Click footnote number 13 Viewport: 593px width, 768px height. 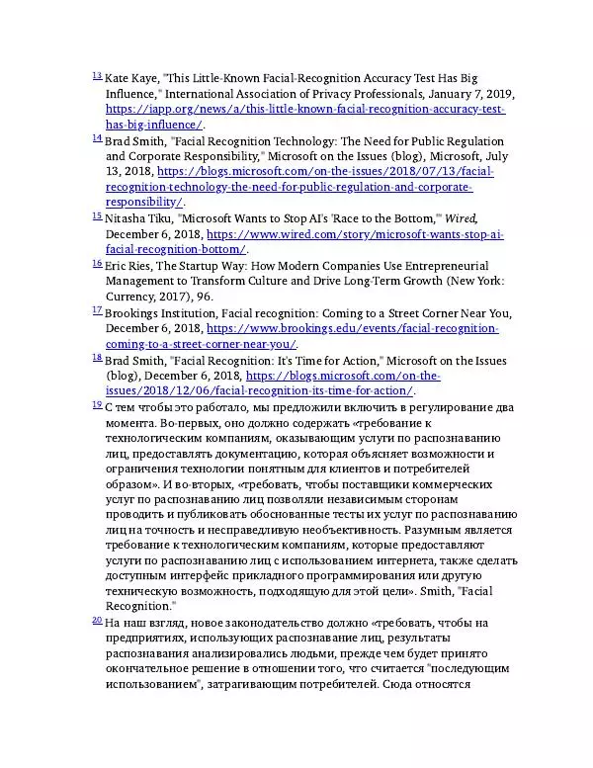point(96,75)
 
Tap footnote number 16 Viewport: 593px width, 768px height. point(96,263)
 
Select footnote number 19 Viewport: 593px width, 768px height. point(96,403)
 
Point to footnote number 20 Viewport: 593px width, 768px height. point(96,620)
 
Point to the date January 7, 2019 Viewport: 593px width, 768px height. point(463,94)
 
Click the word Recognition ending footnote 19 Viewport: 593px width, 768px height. point(138,605)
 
